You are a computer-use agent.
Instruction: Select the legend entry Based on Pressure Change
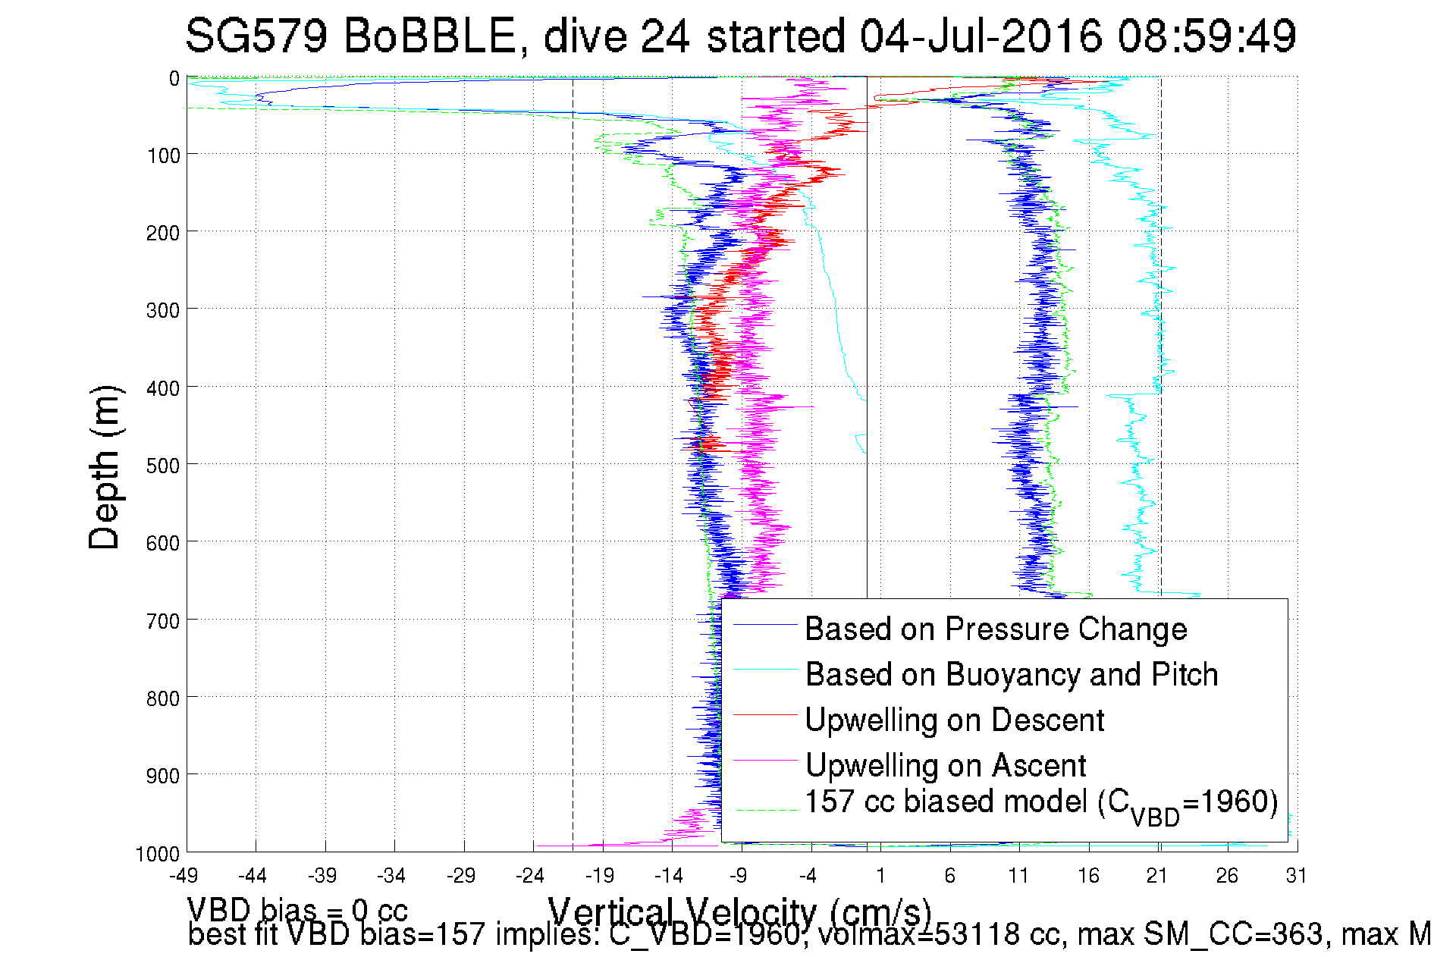click(996, 629)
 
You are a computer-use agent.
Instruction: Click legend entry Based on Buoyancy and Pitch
click(1011, 674)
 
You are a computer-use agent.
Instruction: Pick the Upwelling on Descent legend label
click(954, 720)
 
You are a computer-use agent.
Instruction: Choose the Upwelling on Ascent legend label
click(945, 765)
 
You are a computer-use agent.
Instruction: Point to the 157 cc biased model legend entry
click(1040, 803)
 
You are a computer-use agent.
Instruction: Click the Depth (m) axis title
click(104, 468)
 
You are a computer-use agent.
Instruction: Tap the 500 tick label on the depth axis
click(162, 465)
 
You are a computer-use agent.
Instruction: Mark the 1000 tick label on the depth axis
click(158, 854)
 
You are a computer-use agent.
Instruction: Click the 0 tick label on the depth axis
click(174, 78)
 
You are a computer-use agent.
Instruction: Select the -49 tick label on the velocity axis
click(184, 877)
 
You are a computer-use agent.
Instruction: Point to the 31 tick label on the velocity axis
click(1296, 877)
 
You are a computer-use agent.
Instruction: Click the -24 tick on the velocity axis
click(530, 877)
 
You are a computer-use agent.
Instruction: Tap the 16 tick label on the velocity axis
click(1088, 877)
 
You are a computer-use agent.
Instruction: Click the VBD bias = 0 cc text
click(297, 909)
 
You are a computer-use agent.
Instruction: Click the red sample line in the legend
click(765, 714)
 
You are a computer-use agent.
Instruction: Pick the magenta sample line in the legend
click(765, 760)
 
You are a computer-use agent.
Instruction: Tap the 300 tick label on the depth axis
click(162, 309)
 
